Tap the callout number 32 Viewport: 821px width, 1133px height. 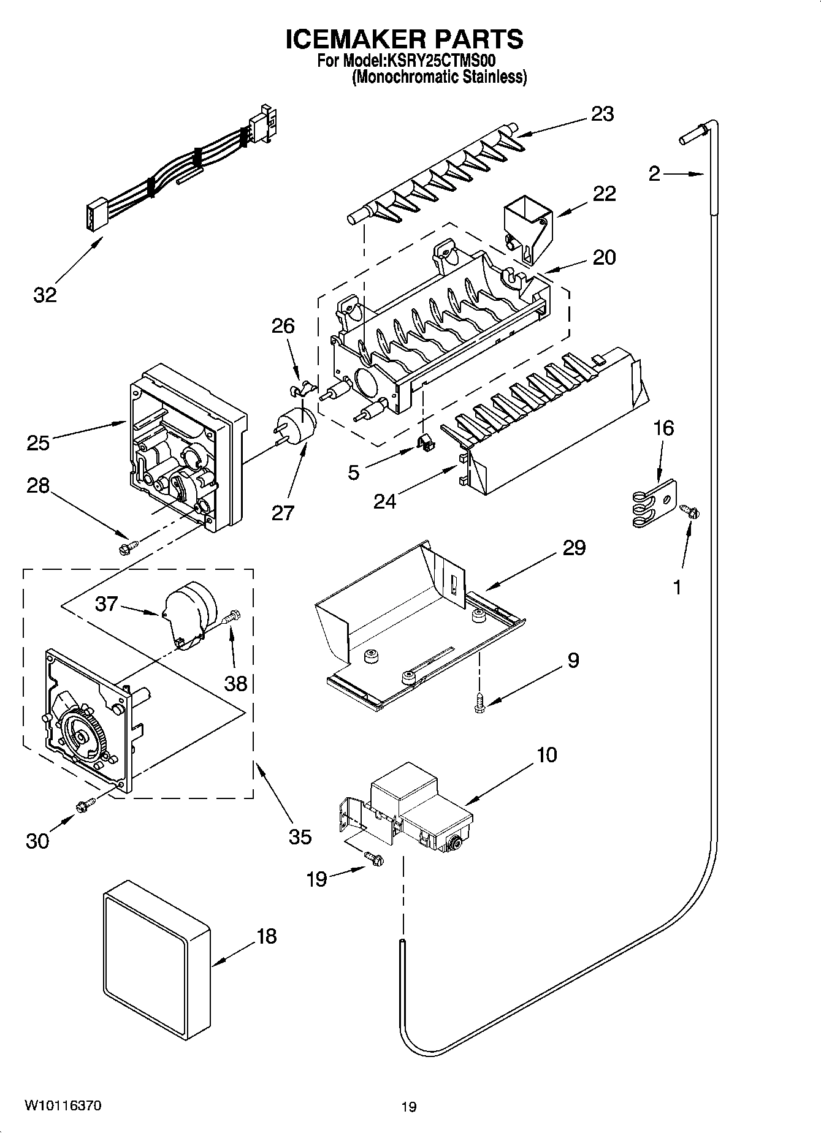tap(45, 295)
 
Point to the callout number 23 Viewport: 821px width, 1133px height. tap(602, 114)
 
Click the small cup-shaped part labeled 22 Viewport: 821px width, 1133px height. tap(526, 230)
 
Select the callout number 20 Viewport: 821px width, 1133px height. tap(604, 257)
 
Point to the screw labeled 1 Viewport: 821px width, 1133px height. tap(690, 511)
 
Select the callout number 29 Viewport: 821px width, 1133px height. tap(574, 547)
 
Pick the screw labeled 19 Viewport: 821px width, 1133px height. tap(373, 859)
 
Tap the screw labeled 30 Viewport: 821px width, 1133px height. tap(85, 806)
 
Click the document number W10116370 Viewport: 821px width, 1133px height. tap(63, 1105)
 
